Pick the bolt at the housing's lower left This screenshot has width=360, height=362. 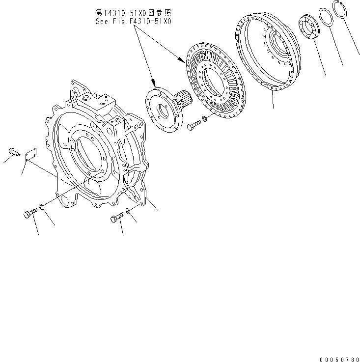click(30, 214)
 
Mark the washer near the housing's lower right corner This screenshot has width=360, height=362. click(128, 211)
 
